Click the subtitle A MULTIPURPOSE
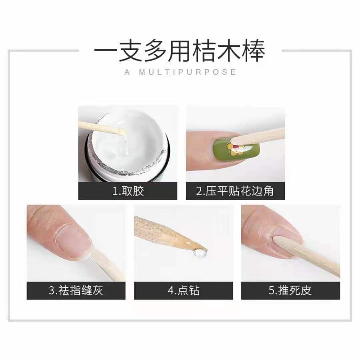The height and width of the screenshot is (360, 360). (x=180, y=72)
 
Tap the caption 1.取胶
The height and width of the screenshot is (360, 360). (x=128, y=191)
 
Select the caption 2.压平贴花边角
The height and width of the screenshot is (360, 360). (x=235, y=191)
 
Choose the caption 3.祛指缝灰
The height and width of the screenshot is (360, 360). (x=76, y=290)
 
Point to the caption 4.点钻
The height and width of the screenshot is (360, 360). (x=183, y=290)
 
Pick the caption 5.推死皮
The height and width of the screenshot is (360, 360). (x=290, y=290)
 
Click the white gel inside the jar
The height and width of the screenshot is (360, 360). (x=133, y=150)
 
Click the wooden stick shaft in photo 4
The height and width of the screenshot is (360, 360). (x=163, y=233)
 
